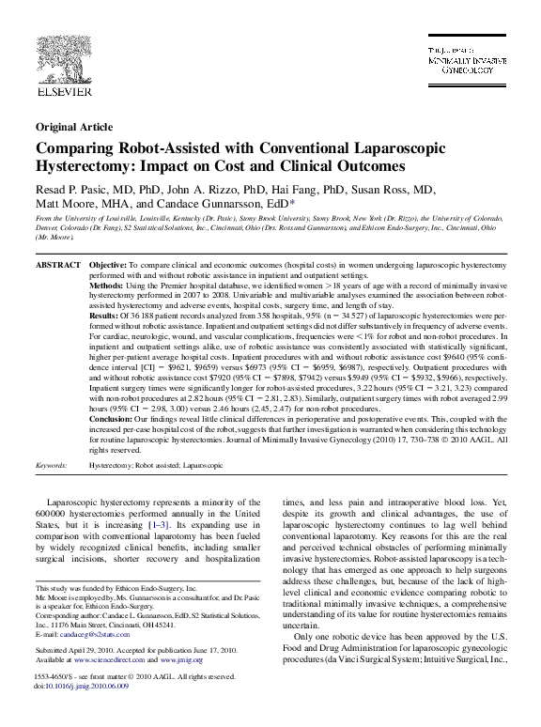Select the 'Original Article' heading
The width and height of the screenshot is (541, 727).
pos(71,127)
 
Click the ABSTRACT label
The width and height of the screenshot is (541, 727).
pos(57,267)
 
